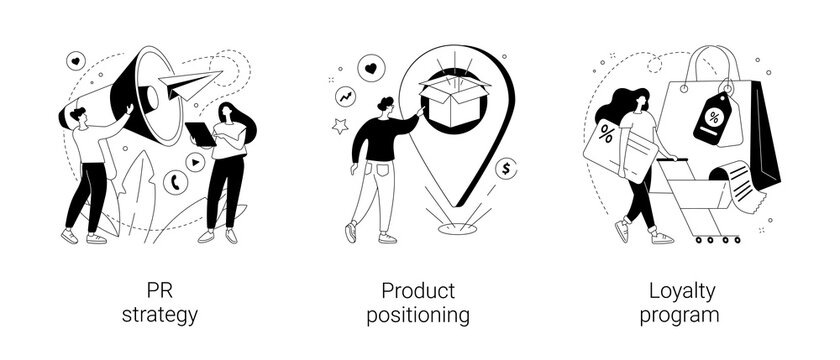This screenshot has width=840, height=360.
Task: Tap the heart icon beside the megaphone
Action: [75, 61]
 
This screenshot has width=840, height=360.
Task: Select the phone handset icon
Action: [177, 182]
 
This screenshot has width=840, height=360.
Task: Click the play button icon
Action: [195, 160]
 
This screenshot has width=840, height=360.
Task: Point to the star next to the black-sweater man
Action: [339, 127]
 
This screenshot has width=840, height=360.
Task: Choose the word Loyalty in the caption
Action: [683, 291]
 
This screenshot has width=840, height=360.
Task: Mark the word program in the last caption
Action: [683, 316]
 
